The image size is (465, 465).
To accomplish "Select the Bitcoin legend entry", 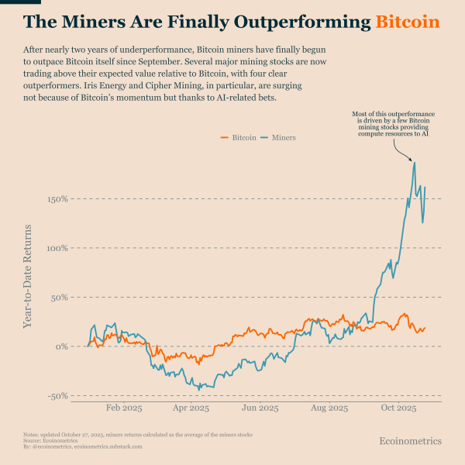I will click(241, 137).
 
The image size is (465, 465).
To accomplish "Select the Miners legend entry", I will click(279, 137).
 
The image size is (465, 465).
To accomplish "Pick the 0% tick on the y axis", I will click(64, 346).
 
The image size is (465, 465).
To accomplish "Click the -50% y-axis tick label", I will click(59, 396).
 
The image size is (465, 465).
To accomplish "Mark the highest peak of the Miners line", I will click(415, 162).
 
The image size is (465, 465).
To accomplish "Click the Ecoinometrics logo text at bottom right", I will click(410, 441).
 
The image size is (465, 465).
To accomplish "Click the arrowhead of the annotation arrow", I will click(413, 159).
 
